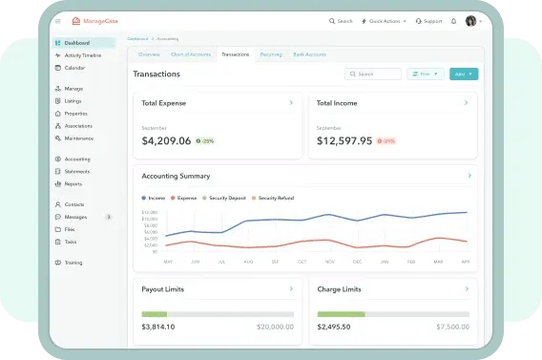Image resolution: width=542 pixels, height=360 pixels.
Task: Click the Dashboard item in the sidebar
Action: pyautogui.click(x=76, y=43)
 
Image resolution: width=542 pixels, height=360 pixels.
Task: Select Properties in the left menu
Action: pyautogui.click(x=76, y=113)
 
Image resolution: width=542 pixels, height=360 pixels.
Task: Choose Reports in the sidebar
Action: pyautogui.click(x=73, y=183)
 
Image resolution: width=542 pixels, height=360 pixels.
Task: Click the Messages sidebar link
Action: pyautogui.click(x=75, y=217)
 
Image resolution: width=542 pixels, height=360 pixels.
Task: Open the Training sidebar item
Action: pyautogui.click(x=73, y=262)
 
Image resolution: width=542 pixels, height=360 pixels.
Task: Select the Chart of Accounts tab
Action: pyautogui.click(x=191, y=54)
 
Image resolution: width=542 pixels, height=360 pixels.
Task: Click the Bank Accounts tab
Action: pyautogui.click(x=310, y=54)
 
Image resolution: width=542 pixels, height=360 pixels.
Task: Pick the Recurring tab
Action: pyautogui.click(x=271, y=54)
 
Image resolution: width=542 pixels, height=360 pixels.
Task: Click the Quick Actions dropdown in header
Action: pyautogui.click(x=386, y=21)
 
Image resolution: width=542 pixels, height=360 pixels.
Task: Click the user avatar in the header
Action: pyautogui.click(x=470, y=21)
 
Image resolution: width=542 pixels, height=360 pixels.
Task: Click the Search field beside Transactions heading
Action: pyautogui.click(x=373, y=74)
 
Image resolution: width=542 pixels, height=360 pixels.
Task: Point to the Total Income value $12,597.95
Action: pyautogui.click(x=344, y=140)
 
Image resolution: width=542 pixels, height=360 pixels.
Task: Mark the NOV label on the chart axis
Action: pyautogui.click(x=329, y=261)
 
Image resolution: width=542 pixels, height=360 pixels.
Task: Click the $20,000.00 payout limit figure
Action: pyautogui.click(x=275, y=326)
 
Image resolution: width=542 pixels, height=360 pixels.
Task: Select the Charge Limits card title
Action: pyautogui.click(x=340, y=288)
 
